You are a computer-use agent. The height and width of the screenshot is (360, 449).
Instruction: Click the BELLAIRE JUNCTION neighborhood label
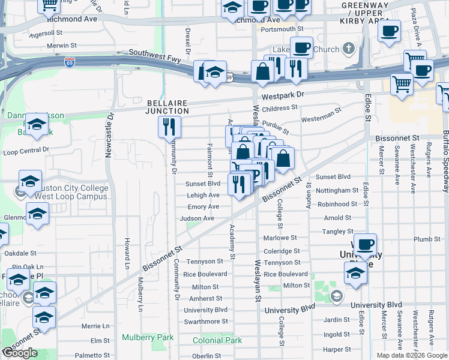coord(168,106)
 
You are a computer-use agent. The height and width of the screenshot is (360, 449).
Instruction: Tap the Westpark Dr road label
coord(283,95)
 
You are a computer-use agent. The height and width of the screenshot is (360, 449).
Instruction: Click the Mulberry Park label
coord(148,337)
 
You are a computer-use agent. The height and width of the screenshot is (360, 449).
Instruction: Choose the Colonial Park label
coord(217,340)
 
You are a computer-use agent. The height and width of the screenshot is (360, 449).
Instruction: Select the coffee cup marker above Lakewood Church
coord(301,47)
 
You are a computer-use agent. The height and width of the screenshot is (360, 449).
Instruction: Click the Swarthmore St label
coord(206,322)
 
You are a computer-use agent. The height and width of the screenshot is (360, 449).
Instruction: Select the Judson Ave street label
coord(197,218)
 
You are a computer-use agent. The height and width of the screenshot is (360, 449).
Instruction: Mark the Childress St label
coord(280,108)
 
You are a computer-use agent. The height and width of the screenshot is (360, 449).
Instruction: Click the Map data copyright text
coord(412,355)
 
